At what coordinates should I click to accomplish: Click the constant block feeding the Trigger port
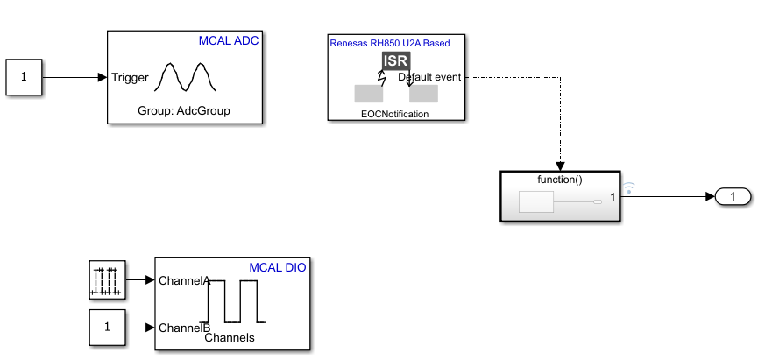[x=24, y=77]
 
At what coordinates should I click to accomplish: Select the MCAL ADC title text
[x=230, y=41]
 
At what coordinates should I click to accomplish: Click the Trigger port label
[x=130, y=77]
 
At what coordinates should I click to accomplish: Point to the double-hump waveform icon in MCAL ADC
[x=187, y=77]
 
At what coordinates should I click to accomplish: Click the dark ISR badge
[x=396, y=61]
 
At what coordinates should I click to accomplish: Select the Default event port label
[x=430, y=77]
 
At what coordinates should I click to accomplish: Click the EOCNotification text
[x=396, y=114]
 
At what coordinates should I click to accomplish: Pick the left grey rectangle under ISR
[x=368, y=94]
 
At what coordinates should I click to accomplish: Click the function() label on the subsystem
[x=561, y=180]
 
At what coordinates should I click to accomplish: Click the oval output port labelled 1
[x=733, y=197]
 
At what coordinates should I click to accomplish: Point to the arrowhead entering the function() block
[x=561, y=166]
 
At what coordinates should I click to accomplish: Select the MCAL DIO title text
[x=278, y=267]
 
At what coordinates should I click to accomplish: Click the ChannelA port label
[x=184, y=281]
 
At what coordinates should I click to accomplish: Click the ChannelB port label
[x=184, y=328]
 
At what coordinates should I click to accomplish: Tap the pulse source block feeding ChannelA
[x=108, y=280]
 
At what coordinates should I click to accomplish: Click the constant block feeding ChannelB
[x=108, y=328]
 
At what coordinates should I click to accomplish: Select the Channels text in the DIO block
[x=230, y=337]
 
